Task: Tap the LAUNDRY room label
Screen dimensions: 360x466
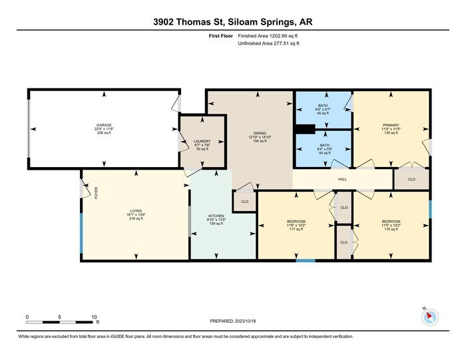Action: pyautogui.click(x=202, y=141)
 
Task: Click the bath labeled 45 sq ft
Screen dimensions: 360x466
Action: pyautogui.click(x=323, y=106)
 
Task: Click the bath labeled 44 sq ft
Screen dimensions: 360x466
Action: pyautogui.click(x=323, y=145)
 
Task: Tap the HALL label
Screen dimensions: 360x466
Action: pyautogui.click(x=342, y=179)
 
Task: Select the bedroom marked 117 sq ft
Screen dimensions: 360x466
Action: pyautogui.click(x=296, y=221)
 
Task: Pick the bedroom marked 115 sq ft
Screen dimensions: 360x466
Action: pyautogui.click(x=391, y=221)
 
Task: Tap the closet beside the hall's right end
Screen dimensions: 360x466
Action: pyautogui.click(x=411, y=179)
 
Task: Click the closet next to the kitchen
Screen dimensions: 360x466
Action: pyautogui.click(x=244, y=201)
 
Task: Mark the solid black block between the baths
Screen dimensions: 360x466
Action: pyautogui.click(x=306, y=129)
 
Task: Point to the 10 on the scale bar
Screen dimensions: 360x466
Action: pyautogui.click(x=95, y=317)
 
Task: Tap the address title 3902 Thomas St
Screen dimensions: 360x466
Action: pyautogui.click(x=193, y=22)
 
